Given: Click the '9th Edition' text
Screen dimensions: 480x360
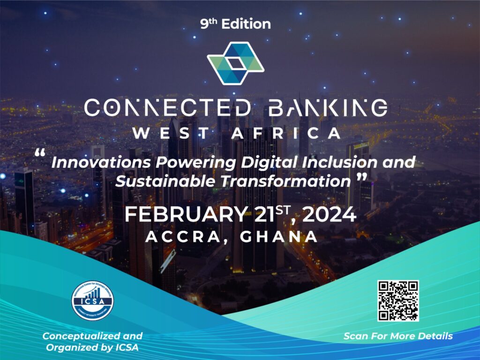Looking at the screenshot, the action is tap(235, 24).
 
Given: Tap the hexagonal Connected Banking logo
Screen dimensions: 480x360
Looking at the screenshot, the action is tap(235, 63).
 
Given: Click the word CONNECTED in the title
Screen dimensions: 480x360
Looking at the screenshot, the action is tap(167, 108).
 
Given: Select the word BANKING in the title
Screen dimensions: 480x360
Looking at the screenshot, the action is tap(328, 108).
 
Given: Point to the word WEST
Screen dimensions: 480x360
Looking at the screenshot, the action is tap(171, 134).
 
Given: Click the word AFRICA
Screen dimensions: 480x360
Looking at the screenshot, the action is tap(286, 134).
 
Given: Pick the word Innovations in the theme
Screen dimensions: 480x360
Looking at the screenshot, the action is tap(101, 162).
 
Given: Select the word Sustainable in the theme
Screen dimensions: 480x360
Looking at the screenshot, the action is tap(165, 181).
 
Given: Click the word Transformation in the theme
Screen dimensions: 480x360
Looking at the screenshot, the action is tap(285, 181).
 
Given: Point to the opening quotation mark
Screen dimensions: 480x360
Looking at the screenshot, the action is tap(40, 153).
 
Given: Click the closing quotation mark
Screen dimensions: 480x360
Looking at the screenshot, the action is tap(362, 177).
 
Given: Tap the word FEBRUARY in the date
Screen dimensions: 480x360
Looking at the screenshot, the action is tap(186, 214).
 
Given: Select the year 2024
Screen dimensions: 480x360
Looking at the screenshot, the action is tap(330, 214).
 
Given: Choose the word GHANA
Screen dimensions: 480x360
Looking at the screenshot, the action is tap(279, 237).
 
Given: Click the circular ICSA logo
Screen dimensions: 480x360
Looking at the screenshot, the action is tap(92, 300).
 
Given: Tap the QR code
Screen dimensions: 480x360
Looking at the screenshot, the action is tap(398, 301).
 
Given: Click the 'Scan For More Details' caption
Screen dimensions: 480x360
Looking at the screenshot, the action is tap(398, 336).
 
